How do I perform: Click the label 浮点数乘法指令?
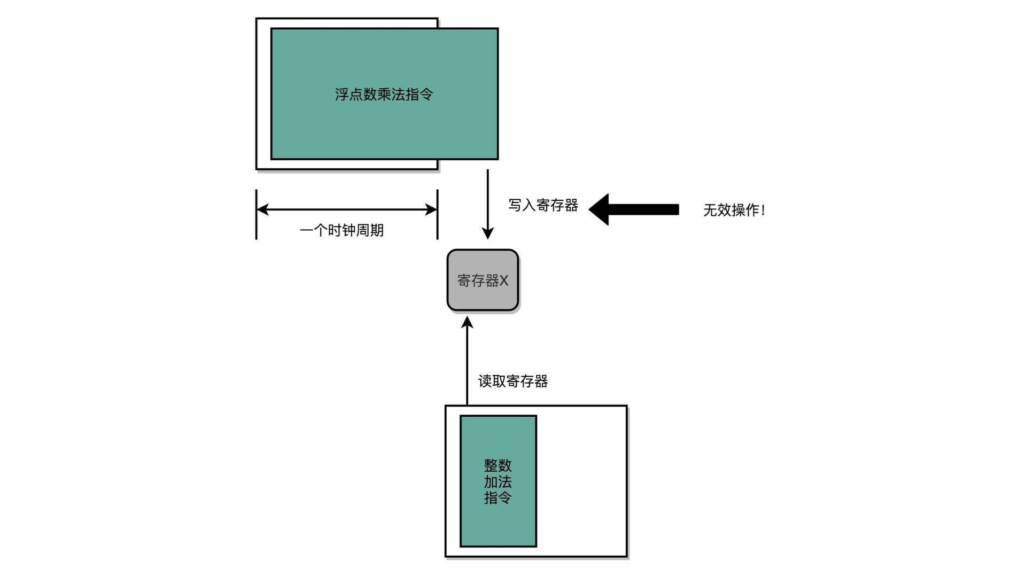tap(384, 95)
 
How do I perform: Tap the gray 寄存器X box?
tap(483, 280)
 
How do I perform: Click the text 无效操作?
tap(734, 210)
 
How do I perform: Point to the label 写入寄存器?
tap(543, 205)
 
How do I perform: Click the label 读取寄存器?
tap(513, 381)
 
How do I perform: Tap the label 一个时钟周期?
tap(341, 230)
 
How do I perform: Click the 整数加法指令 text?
tap(498, 481)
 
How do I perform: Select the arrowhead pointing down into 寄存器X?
tap(487, 233)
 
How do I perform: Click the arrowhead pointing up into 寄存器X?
tap(467, 322)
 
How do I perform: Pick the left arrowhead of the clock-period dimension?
tap(262, 209)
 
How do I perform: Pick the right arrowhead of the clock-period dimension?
tap(431, 209)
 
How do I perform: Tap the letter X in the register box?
tap(503, 280)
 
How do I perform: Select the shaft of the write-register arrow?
tap(487, 198)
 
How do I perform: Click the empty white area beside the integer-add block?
tap(581, 481)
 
